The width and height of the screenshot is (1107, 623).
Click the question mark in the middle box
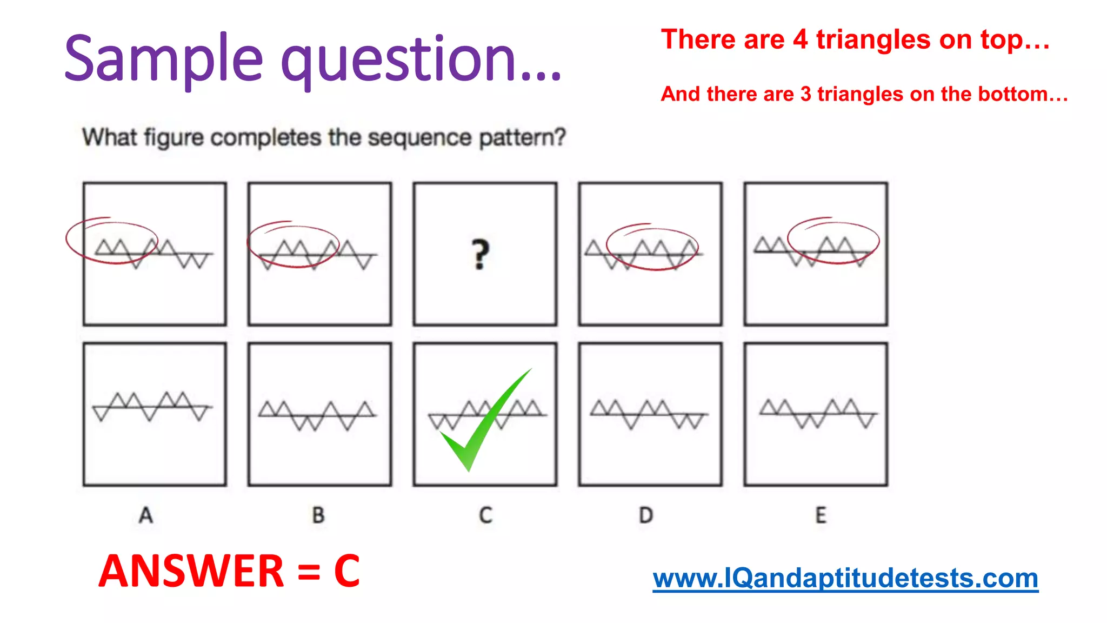480,254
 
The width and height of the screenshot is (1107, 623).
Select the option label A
146,515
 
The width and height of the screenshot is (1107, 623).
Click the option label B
318,515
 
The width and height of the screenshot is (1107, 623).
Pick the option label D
646,515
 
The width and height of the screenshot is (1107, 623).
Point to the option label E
821,515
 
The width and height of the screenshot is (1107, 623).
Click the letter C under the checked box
485,515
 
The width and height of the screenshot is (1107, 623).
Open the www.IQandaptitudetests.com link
845,578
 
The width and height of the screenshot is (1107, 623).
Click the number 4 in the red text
800,39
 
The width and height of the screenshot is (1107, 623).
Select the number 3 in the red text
805,94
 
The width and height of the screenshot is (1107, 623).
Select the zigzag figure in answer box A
152,406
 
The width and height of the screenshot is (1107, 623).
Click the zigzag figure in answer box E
817,414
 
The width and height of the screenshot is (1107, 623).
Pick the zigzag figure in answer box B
317,415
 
